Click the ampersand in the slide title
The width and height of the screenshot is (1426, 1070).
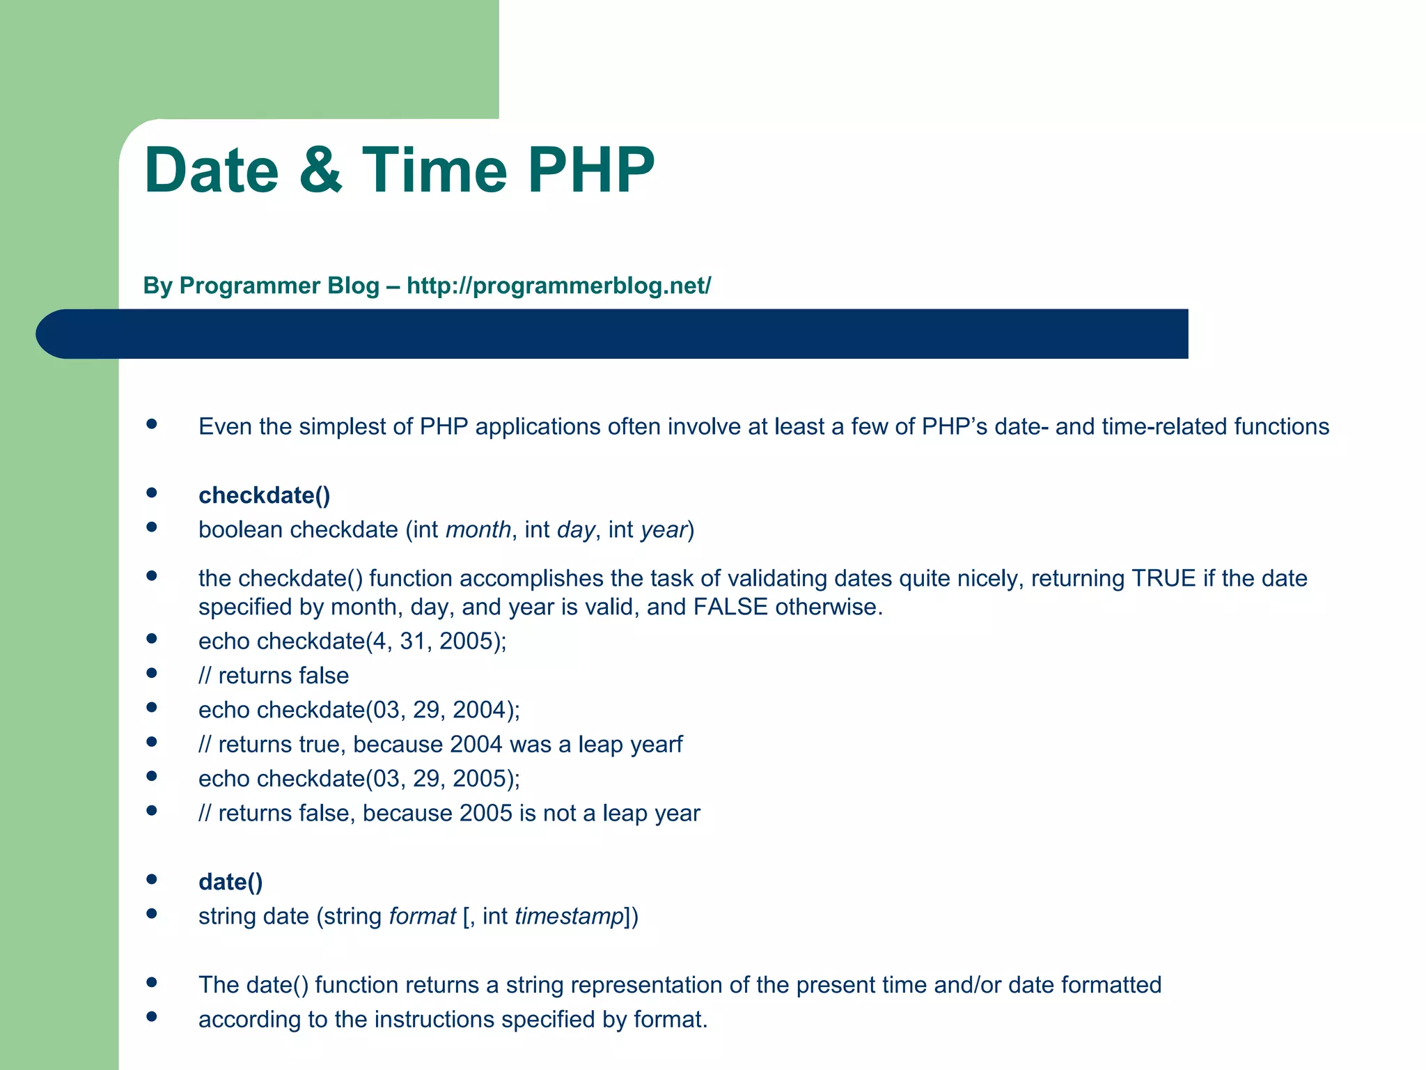click(x=321, y=170)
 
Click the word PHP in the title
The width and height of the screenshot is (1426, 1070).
click(x=590, y=170)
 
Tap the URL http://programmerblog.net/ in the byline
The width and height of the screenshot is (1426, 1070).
click(x=558, y=286)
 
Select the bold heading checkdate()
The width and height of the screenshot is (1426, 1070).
click(x=264, y=495)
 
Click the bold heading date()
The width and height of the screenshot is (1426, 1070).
click(x=230, y=882)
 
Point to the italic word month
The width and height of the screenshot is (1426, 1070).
click(x=478, y=530)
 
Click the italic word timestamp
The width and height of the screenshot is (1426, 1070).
click(x=569, y=916)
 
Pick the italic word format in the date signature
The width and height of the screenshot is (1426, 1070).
click(x=422, y=916)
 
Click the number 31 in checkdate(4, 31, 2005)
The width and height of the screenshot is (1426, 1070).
click(x=412, y=641)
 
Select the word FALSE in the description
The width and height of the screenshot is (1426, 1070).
click(x=730, y=607)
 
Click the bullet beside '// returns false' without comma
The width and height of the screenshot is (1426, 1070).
click(x=152, y=673)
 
